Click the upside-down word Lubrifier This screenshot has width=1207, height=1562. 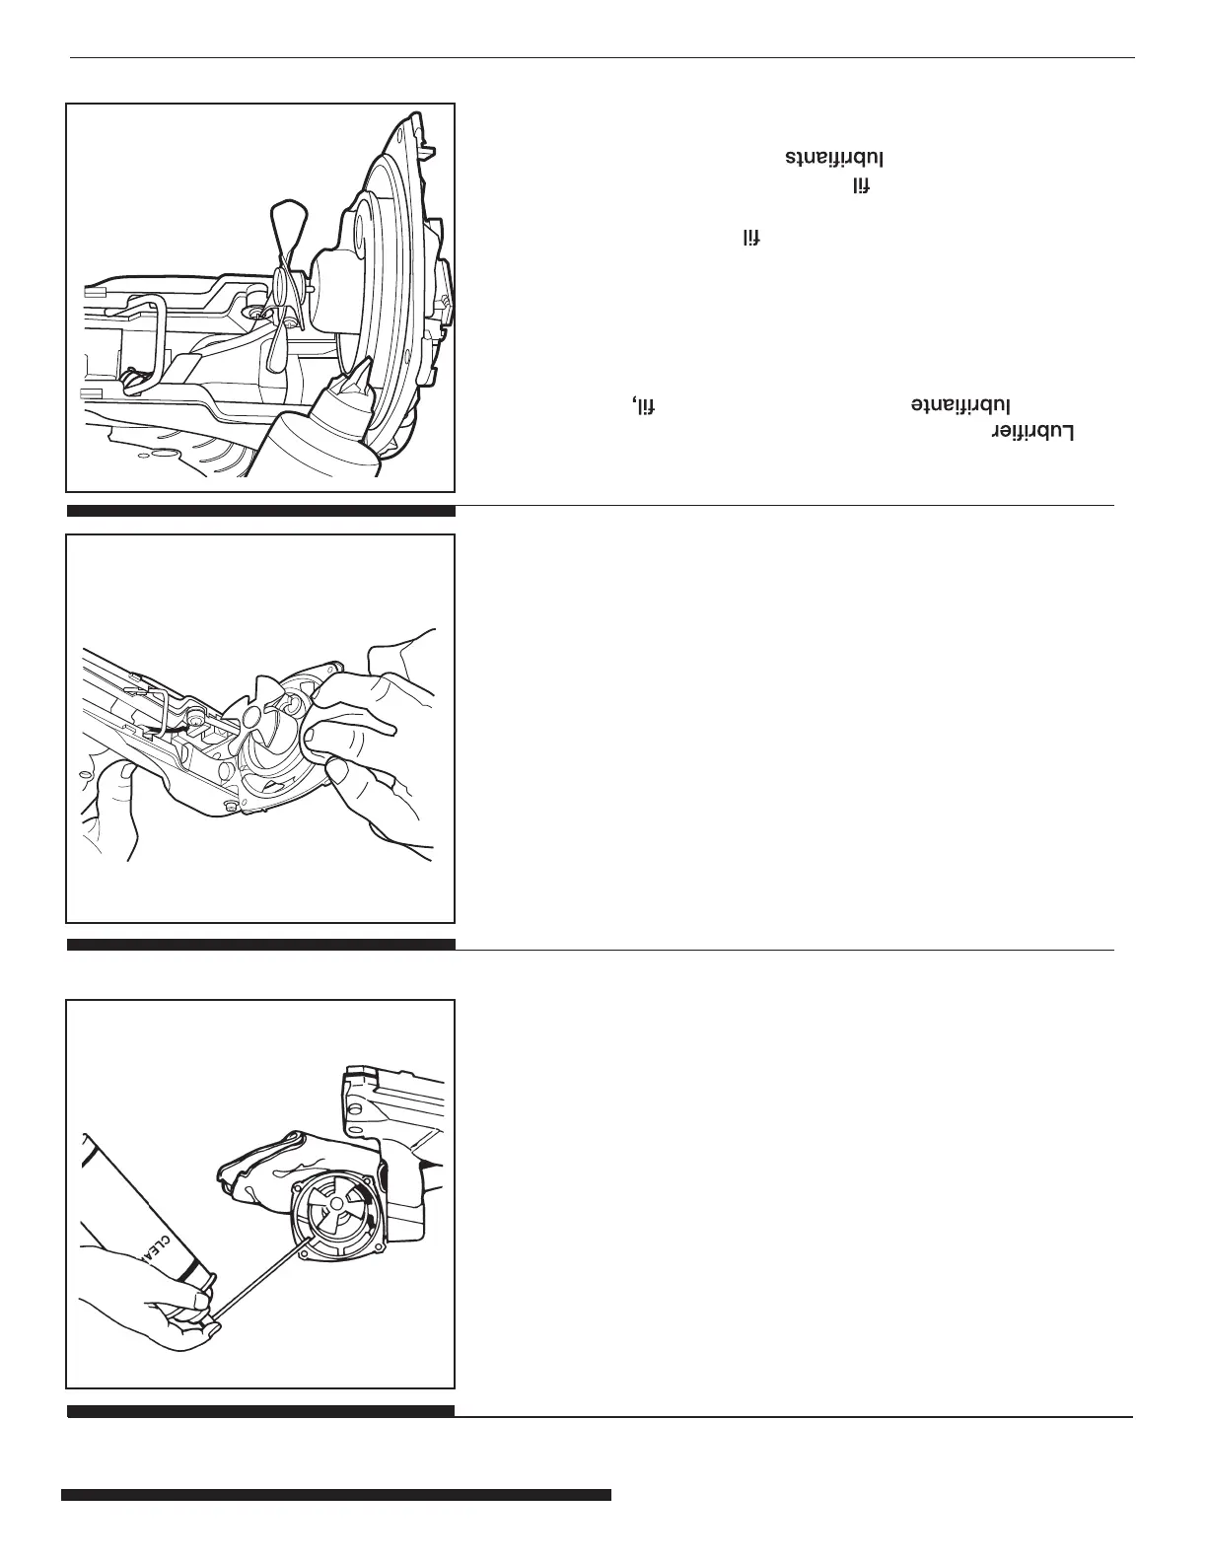point(1031,433)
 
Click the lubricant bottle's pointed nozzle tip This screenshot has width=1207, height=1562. point(366,367)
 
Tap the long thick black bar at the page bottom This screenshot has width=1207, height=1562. point(335,1495)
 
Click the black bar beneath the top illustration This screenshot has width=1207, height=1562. point(261,511)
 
